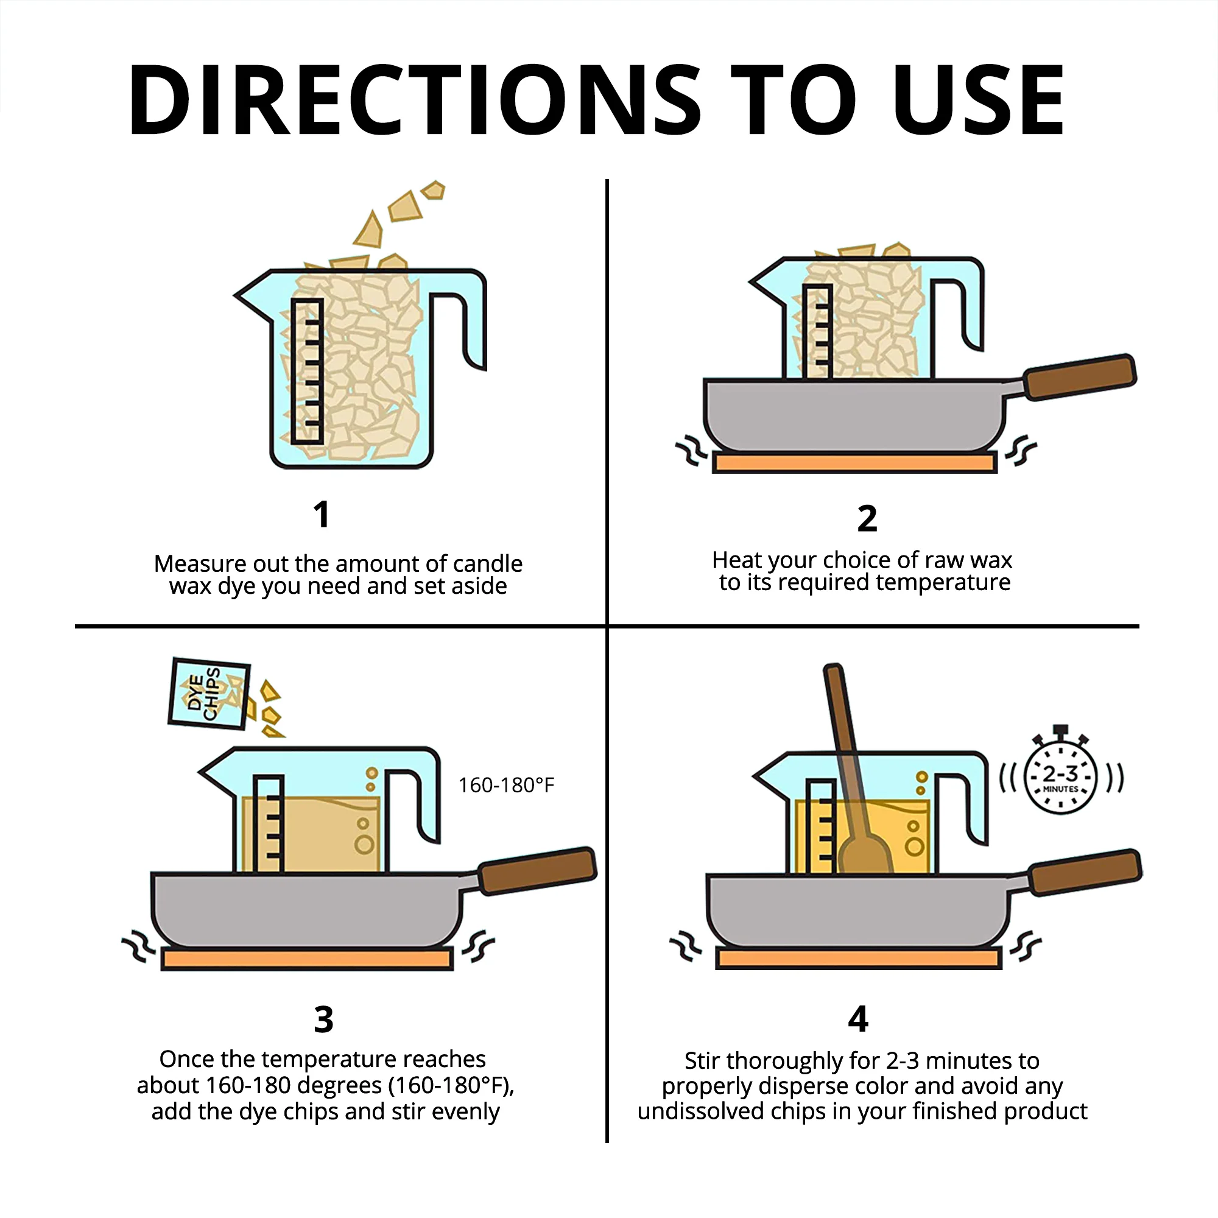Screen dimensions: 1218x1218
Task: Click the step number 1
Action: coord(322,514)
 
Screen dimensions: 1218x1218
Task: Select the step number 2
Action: coord(867,519)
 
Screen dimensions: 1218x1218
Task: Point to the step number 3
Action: coord(323,1019)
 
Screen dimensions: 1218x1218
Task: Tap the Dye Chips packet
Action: coord(209,694)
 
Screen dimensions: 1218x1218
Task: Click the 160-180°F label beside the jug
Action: coord(506,786)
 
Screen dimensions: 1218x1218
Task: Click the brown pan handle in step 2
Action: coord(1079,377)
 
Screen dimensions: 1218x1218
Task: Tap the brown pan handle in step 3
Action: coord(537,871)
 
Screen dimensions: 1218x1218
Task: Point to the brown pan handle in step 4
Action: coord(1085,873)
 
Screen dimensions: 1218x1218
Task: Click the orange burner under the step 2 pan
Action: coord(854,463)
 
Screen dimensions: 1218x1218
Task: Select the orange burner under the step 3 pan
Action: coord(306,960)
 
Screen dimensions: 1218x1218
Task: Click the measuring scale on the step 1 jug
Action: coord(308,371)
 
